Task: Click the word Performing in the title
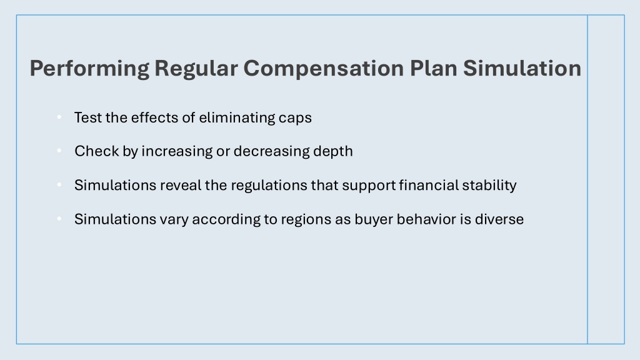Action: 89,69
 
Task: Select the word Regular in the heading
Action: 196,67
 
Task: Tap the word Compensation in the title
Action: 324,69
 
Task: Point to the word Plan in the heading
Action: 433,67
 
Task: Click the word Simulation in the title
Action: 522,67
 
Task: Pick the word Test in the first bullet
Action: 87,117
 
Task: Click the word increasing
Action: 177,152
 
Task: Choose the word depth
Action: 333,152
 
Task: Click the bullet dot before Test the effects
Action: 59,117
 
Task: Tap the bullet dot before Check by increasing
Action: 59,151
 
